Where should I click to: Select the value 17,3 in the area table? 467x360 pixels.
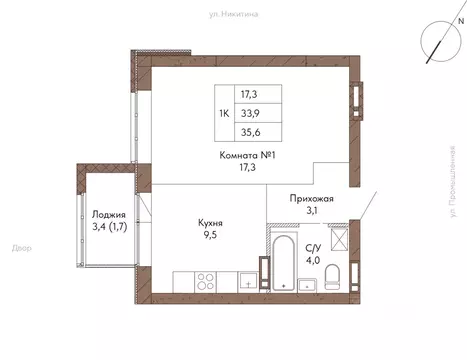click(262, 92)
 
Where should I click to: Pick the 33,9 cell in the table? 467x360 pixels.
click(262, 113)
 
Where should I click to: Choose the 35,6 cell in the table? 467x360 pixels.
click(262, 134)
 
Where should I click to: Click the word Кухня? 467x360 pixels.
click(209, 224)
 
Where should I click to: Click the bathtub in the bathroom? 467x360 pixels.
click(284, 262)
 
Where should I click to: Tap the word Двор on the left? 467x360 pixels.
click(21, 246)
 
